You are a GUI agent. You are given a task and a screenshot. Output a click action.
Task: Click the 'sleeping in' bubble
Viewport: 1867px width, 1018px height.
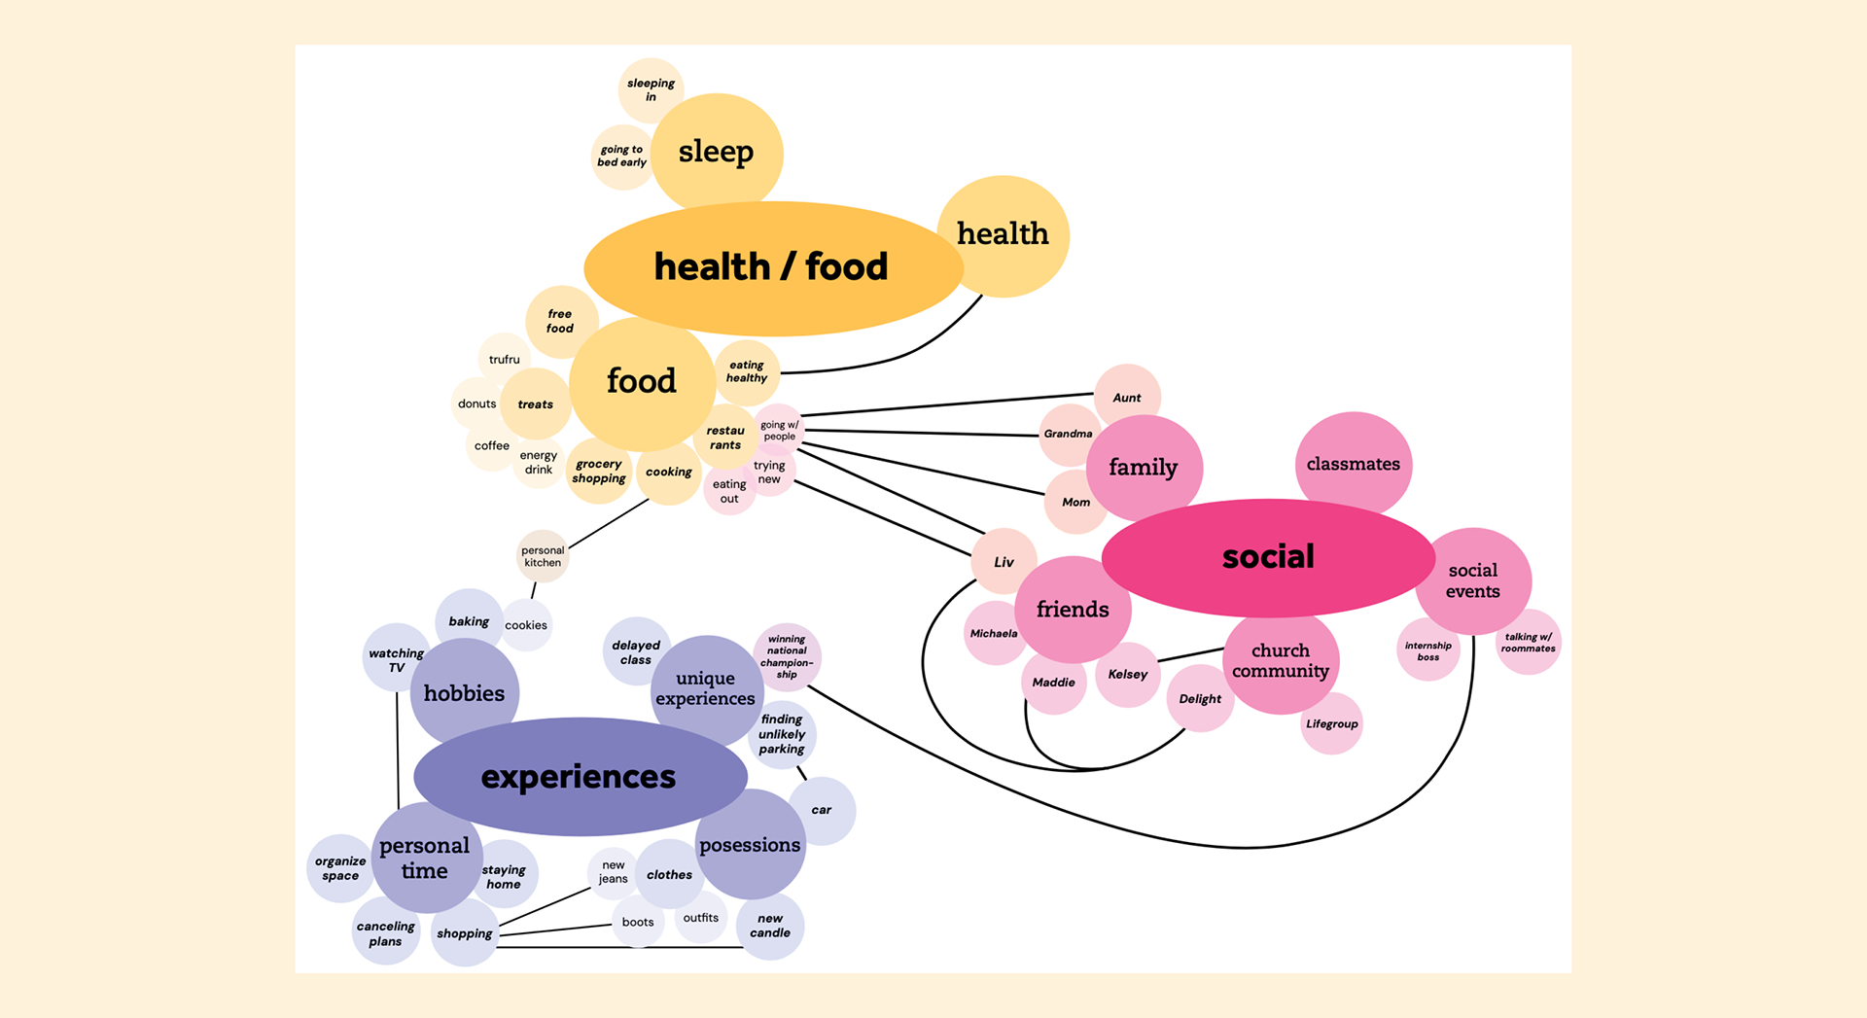[651, 89]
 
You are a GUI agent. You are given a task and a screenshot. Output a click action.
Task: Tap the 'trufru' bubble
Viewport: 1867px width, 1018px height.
[504, 359]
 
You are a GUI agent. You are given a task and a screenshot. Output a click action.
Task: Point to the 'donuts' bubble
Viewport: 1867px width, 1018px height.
[476, 404]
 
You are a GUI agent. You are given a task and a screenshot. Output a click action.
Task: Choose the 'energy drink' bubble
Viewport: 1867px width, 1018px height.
[538, 462]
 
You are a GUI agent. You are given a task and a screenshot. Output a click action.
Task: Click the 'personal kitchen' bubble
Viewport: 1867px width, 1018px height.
[543, 556]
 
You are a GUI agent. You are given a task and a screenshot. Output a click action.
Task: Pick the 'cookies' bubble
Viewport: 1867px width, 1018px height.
[526, 625]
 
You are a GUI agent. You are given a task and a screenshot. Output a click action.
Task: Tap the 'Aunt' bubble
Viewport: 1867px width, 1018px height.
[1127, 397]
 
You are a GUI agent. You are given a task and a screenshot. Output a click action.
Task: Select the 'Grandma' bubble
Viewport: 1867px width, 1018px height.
[1068, 434]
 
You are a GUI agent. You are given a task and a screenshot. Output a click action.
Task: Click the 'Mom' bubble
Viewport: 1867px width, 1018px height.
[1075, 502]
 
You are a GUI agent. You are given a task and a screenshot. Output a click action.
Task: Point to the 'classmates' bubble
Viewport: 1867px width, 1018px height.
[1353, 464]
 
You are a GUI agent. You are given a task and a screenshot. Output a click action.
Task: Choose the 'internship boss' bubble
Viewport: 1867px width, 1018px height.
[1427, 650]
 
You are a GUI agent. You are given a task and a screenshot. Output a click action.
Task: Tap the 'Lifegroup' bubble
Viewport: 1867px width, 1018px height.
[1331, 723]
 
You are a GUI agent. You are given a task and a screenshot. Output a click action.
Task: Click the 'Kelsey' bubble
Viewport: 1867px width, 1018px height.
[1128, 674]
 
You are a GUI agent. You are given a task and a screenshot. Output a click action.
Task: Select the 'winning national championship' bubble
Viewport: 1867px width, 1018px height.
[787, 657]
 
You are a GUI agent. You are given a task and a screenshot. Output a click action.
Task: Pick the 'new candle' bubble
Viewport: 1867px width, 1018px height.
[770, 926]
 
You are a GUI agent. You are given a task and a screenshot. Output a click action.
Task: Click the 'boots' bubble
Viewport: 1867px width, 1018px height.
[638, 922]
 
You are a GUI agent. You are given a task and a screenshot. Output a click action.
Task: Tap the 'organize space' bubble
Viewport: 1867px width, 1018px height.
[340, 868]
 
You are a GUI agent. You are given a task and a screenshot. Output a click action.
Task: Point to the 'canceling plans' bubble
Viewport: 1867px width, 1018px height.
[385, 933]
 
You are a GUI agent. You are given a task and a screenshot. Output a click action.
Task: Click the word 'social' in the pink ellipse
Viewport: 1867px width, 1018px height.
[1268, 556]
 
